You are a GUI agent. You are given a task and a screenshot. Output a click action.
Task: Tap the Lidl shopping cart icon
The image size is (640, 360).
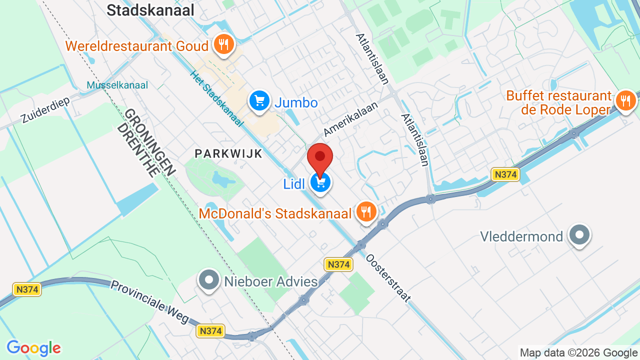(x=320, y=182)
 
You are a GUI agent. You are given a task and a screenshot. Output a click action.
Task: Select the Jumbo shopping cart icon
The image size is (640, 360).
(x=259, y=101)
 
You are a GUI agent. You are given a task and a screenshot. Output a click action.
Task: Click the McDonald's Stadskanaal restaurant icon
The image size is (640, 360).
(x=366, y=212)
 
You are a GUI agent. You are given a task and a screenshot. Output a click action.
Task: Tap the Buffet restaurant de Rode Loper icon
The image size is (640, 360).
(x=625, y=101)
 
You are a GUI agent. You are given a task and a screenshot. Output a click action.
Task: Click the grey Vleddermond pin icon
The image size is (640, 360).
(x=580, y=235)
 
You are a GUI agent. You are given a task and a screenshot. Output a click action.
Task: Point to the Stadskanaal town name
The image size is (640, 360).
(x=150, y=10)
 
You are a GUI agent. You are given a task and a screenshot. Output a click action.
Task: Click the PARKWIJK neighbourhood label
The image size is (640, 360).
(x=228, y=153)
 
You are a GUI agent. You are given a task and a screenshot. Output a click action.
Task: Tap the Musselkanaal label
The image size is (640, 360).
(x=117, y=85)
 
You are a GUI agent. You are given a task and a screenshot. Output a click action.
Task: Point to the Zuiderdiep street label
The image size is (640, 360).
(x=45, y=110)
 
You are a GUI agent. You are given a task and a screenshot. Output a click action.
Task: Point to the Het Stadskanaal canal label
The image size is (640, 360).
(x=216, y=98)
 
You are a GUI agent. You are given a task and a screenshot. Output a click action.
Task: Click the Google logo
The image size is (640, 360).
(x=33, y=348)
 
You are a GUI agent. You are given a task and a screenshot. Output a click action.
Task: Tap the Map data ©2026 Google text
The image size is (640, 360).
(x=578, y=353)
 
